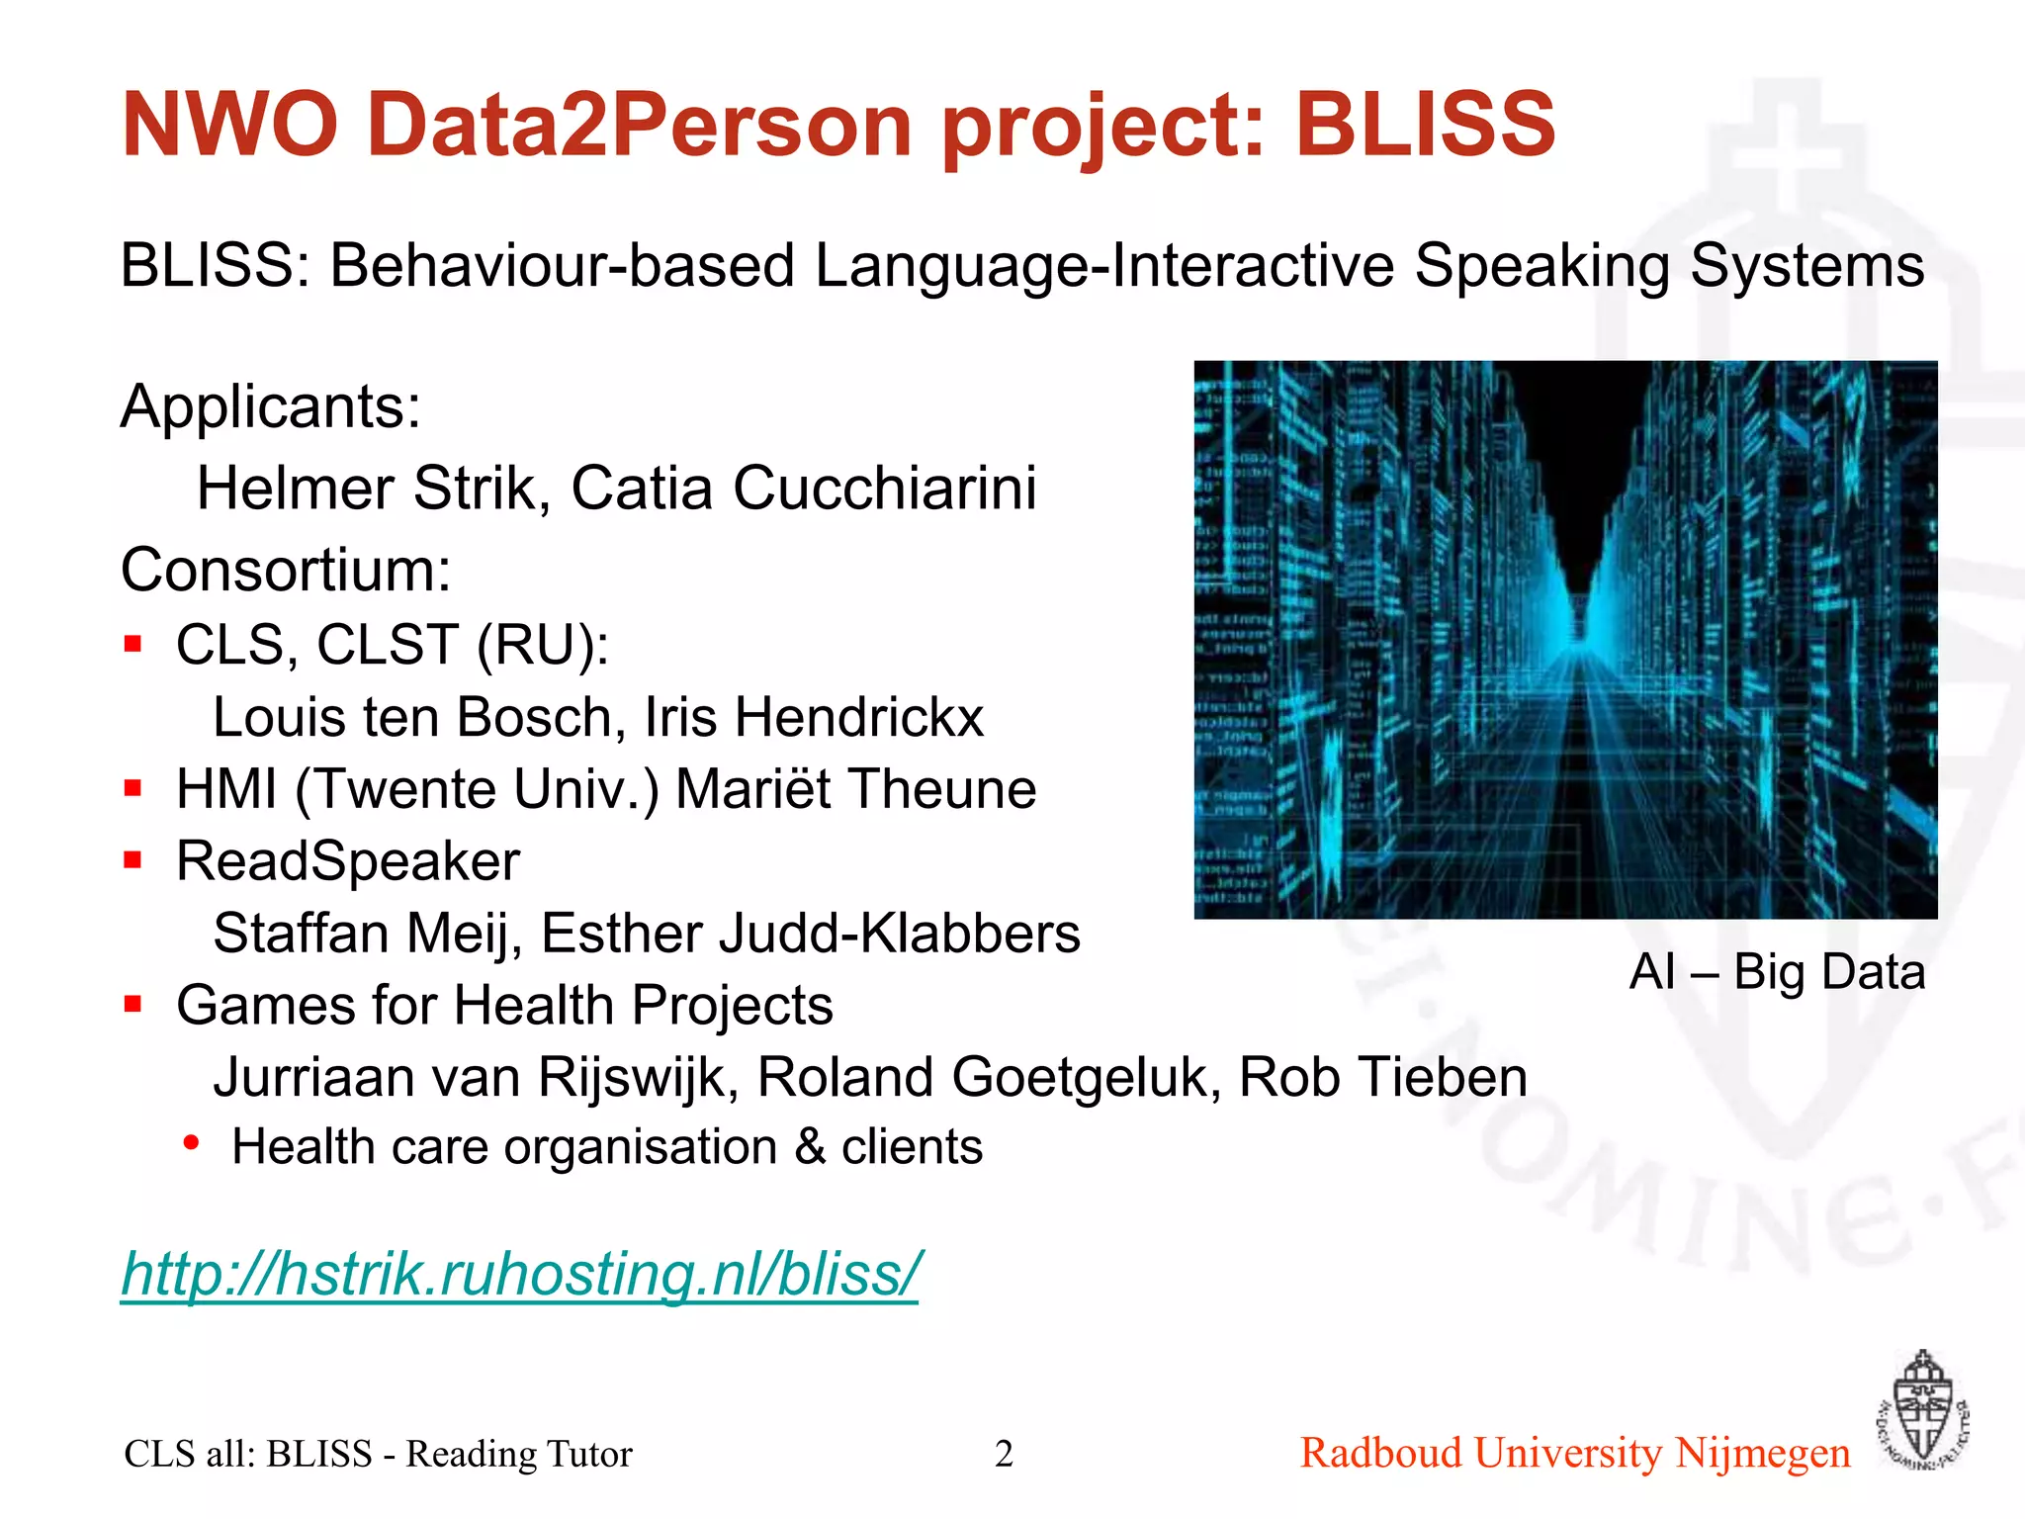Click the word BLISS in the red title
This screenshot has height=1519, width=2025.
1425,126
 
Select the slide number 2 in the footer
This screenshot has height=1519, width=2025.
1004,1454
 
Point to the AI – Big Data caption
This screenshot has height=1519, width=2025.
1777,971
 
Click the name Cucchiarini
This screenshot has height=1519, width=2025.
885,488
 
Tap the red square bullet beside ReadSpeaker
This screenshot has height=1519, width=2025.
133,860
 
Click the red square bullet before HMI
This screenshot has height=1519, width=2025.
133,788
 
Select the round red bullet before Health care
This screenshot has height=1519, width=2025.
192,1144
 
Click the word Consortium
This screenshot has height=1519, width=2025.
286,571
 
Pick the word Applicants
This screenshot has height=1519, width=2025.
271,406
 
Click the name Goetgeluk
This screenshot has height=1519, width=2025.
1081,1077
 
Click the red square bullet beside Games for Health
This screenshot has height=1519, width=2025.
133,1005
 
